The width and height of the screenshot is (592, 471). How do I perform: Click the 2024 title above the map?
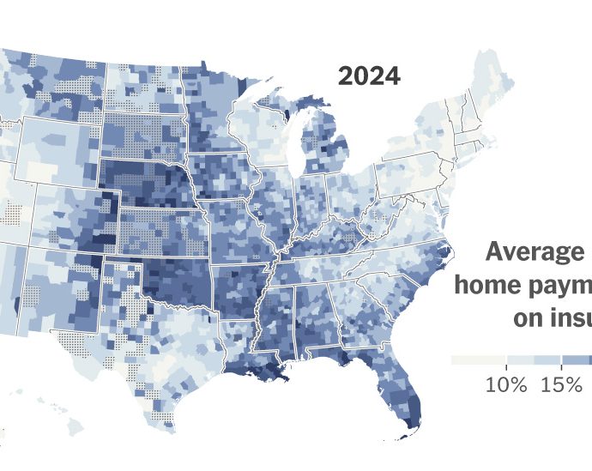pyautogui.click(x=368, y=76)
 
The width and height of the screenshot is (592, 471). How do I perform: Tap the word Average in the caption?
pyautogui.click(x=533, y=252)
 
